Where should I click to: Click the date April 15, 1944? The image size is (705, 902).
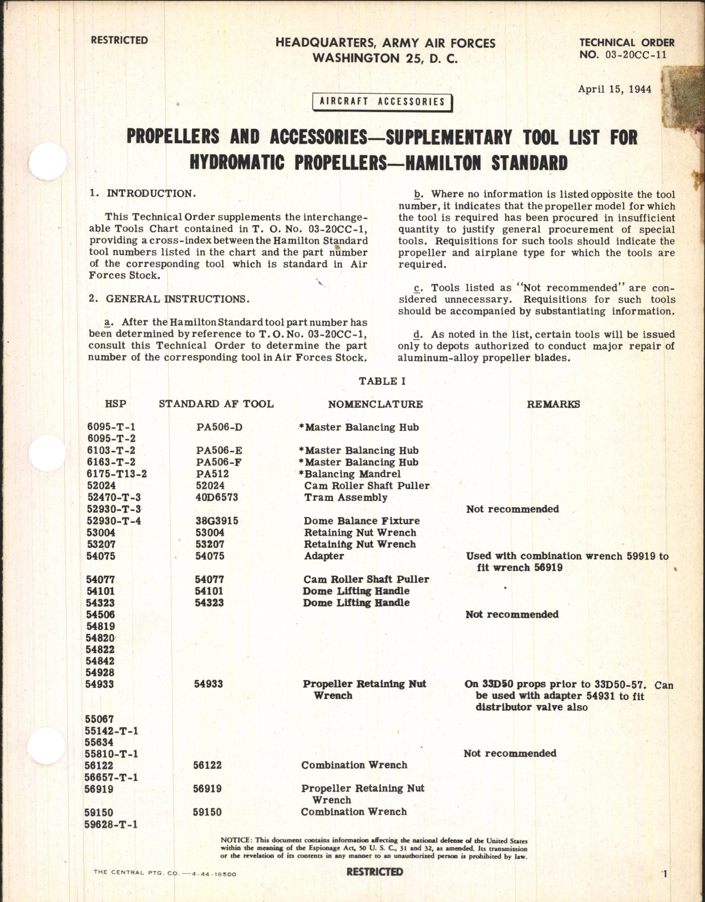[x=615, y=89]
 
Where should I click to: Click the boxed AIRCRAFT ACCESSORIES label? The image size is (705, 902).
[x=382, y=102]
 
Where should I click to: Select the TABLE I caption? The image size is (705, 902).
[x=378, y=381]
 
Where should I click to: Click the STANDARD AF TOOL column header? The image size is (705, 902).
[x=216, y=404]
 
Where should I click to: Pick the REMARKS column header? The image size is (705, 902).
[x=553, y=404]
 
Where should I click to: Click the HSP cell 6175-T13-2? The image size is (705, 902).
[x=116, y=474]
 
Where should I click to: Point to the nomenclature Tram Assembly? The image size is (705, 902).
[x=346, y=497]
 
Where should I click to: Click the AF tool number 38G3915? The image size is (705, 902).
[x=216, y=521]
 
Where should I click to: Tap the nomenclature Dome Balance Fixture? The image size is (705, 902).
[x=362, y=521]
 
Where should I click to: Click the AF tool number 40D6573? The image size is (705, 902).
[x=216, y=497]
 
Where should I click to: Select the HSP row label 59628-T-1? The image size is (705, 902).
[x=111, y=824]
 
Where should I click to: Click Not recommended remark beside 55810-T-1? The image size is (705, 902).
[x=510, y=753]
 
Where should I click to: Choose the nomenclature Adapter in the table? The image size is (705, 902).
[x=324, y=556]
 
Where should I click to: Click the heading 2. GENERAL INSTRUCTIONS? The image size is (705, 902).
[x=169, y=299]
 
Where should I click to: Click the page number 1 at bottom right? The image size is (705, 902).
[x=665, y=875]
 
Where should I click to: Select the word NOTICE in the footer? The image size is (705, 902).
[x=236, y=841]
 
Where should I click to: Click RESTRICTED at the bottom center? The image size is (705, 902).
[x=374, y=872]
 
